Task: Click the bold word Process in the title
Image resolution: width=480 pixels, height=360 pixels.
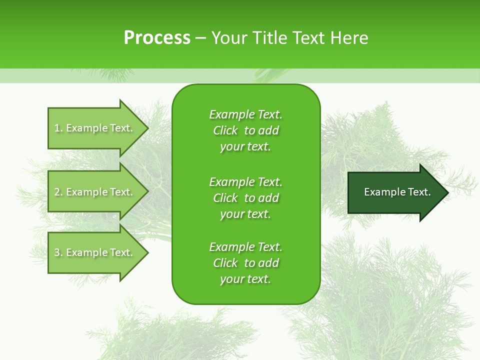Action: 157,38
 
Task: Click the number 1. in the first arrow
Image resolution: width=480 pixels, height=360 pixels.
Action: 58,128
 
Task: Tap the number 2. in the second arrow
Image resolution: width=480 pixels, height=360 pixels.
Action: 58,192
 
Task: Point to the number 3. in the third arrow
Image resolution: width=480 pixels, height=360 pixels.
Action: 58,252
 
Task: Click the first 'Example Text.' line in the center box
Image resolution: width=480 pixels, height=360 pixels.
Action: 245,114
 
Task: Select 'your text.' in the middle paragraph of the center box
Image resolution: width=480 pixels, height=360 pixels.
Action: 245,214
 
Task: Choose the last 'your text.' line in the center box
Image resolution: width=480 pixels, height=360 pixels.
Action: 245,279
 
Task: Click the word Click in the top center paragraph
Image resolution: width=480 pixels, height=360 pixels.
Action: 225,130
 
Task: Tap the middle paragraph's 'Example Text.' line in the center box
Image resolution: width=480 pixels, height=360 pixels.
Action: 245,181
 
